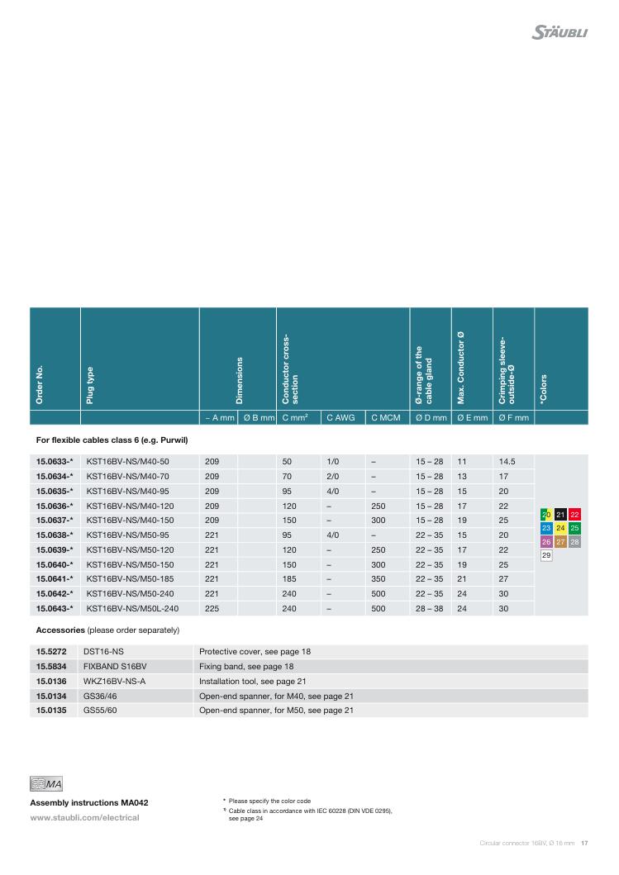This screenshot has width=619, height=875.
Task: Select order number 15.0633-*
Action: [55, 461]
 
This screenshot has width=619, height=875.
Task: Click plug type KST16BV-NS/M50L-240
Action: [133, 609]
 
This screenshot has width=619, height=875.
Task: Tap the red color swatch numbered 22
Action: [575, 515]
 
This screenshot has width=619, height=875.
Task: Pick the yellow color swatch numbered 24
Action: [560, 528]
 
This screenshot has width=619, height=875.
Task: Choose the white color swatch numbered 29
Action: [546, 555]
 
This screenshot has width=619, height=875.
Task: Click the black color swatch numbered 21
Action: [560, 515]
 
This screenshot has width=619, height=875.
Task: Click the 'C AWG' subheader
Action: [340, 418]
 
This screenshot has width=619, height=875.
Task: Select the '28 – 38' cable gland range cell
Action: [429, 609]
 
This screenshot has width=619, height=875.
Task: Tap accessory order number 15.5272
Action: [50, 652]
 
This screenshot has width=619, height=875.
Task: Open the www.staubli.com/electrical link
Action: [84, 818]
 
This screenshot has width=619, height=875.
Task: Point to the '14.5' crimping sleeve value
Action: [507, 461]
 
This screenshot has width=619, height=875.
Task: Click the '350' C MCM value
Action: [379, 579]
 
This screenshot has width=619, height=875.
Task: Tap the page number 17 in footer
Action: [583, 844]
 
